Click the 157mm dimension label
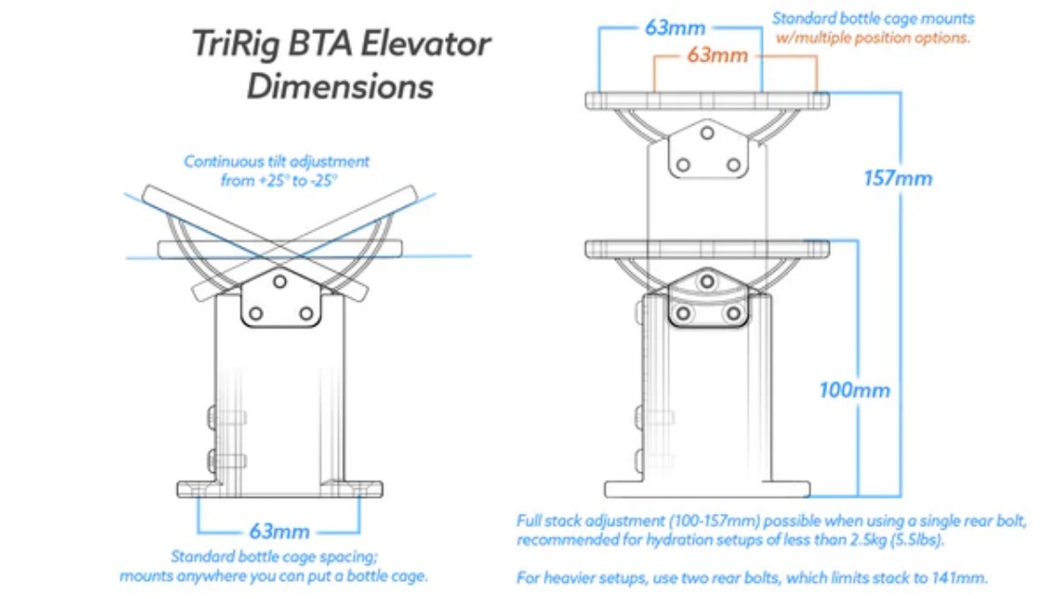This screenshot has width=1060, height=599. tap(898, 179)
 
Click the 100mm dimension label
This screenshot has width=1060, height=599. tap(855, 390)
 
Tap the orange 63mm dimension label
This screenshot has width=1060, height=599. tap(717, 55)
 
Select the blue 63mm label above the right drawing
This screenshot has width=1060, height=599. tap(675, 27)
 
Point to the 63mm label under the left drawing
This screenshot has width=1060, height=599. tap(279, 532)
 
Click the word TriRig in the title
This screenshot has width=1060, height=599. tap(235, 44)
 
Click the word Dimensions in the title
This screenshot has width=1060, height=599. tap(340, 87)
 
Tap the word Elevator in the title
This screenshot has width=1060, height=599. tap(425, 44)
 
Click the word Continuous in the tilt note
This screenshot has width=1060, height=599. tap(223, 162)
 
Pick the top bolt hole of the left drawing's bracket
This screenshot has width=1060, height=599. tap(280, 281)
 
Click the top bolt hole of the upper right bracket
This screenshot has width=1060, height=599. tap(707, 132)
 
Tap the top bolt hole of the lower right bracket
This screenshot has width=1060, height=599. tap(707, 281)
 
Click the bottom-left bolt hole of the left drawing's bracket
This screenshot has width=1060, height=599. tap(256, 313)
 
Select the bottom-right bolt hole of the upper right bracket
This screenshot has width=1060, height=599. tap(733, 165)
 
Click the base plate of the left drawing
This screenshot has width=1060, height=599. tap(280, 489)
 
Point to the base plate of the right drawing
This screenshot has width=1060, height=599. tap(707, 489)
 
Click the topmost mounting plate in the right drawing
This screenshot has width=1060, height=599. tap(707, 100)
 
